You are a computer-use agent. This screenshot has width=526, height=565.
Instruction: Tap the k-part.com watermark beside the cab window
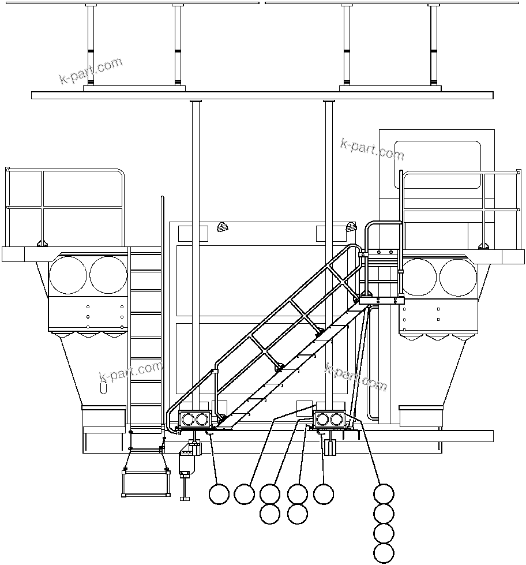point(372,149)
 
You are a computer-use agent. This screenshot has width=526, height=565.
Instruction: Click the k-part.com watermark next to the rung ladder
point(130,372)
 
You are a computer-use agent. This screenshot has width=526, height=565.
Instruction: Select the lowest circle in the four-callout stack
point(384,552)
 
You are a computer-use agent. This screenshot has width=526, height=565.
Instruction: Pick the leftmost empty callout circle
point(219,494)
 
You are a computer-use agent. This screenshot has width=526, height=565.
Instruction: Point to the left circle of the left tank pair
point(68,275)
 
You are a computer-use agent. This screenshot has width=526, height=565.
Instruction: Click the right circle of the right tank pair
point(458,278)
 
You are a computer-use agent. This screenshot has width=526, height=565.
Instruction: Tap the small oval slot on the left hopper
point(104,387)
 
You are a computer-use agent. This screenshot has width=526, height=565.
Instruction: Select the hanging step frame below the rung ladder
point(146,482)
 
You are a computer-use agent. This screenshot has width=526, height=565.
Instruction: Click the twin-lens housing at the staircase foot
point(194,419)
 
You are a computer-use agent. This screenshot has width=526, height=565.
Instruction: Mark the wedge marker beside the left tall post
point(222,227)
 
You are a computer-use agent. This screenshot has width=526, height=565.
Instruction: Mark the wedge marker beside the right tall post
point(350,227)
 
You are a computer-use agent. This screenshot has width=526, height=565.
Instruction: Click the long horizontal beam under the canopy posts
point(262,95)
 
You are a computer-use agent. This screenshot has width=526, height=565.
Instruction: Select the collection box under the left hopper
point(104,416)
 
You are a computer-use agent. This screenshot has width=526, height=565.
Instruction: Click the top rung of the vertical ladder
point(146,267)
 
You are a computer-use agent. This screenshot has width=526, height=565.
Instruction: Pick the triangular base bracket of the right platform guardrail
point(483,245)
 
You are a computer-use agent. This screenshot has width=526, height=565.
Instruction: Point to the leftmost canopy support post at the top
point(90,46)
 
